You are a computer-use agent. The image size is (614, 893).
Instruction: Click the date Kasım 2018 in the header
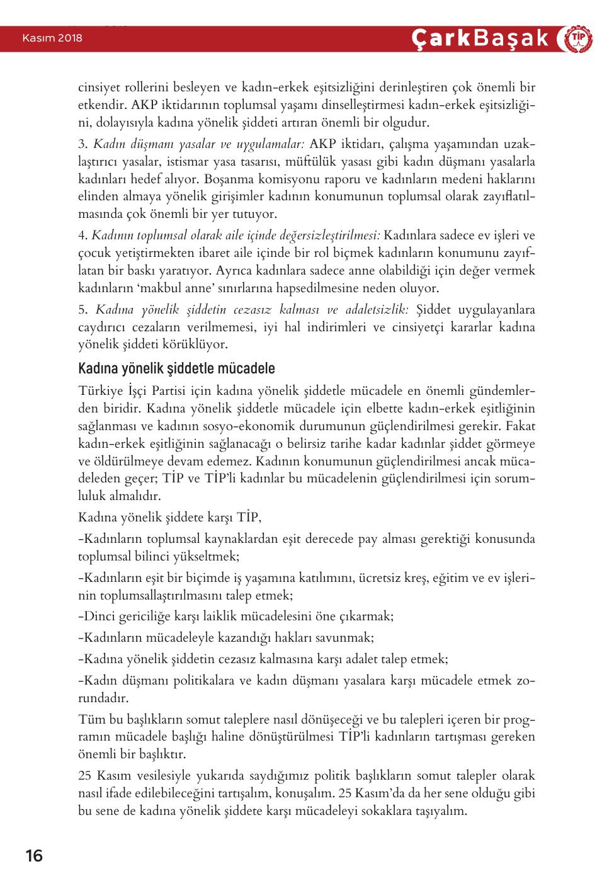(52, 38)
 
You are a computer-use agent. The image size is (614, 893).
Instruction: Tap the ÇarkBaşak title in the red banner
(480, 39)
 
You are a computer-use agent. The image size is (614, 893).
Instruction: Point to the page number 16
(34, 856)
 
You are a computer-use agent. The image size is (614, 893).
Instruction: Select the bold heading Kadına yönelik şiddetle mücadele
(176, 368)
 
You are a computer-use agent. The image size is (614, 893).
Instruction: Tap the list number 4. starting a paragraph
(82, 236)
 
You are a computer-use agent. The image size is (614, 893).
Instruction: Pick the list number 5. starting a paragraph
(82, 309)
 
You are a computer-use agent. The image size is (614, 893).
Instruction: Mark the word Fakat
(520, 426)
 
